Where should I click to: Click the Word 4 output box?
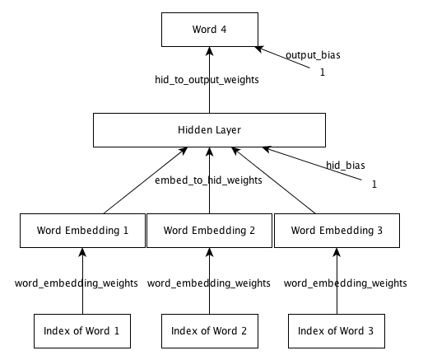point(210,30)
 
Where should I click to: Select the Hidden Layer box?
point(209,130)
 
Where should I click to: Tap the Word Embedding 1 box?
point(82,231)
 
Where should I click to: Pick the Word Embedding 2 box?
point(209,231)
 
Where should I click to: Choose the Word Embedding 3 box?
point(337,231)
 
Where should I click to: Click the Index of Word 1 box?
point(82,331)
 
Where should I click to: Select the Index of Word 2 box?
point(210,331)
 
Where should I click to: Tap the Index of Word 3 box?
point(337,331)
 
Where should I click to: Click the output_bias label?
point(313,55)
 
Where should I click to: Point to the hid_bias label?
point(346,165)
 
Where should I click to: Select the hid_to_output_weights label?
point(207,80)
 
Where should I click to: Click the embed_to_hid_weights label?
point(208,180)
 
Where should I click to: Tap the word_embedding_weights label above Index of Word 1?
point(77,283)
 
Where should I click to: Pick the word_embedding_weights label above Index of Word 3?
point(346,283)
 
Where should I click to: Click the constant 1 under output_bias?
point(323,72)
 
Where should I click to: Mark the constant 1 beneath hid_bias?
point(374,185)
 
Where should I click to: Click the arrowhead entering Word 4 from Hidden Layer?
point(210,51)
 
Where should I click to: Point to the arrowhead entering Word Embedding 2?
point(210,252)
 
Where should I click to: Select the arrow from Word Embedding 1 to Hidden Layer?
point(146,180)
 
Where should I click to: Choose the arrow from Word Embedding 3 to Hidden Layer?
point(273,180)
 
